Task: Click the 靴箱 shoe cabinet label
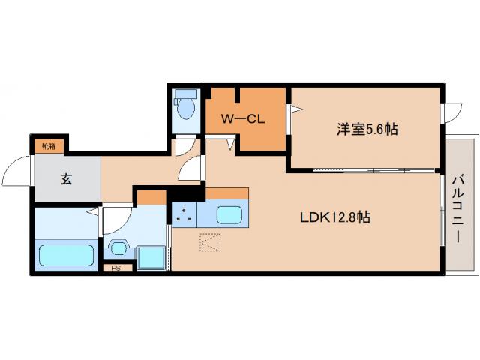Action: (x=48, y=146)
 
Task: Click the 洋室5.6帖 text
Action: (x=366, y=129)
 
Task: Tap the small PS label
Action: (x=116, y=268)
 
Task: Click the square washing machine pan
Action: (x=151, y=256)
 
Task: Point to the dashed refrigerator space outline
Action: (x=210, y=244)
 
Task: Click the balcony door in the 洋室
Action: (x=452, y=113)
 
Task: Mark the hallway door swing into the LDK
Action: (x=190, y=169)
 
